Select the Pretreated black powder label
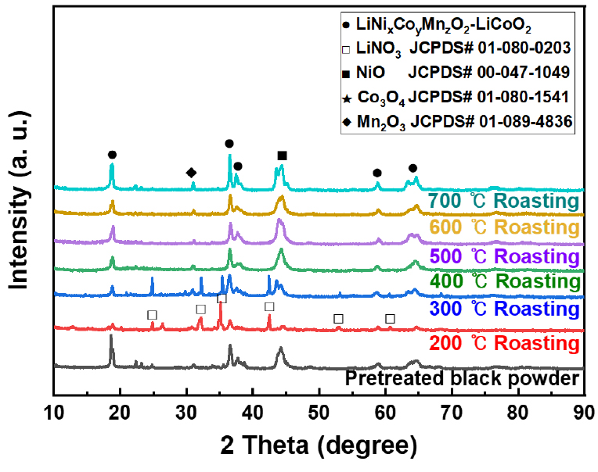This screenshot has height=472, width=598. pyautogui.click(x=462, y=380)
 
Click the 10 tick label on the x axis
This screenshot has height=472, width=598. pyautogui.click(x=54, y=410)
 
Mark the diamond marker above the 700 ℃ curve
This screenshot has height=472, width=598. pyautogui.click(x=191, y=173)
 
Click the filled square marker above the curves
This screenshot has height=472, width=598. pyautogui.click(x=282, y=156)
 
